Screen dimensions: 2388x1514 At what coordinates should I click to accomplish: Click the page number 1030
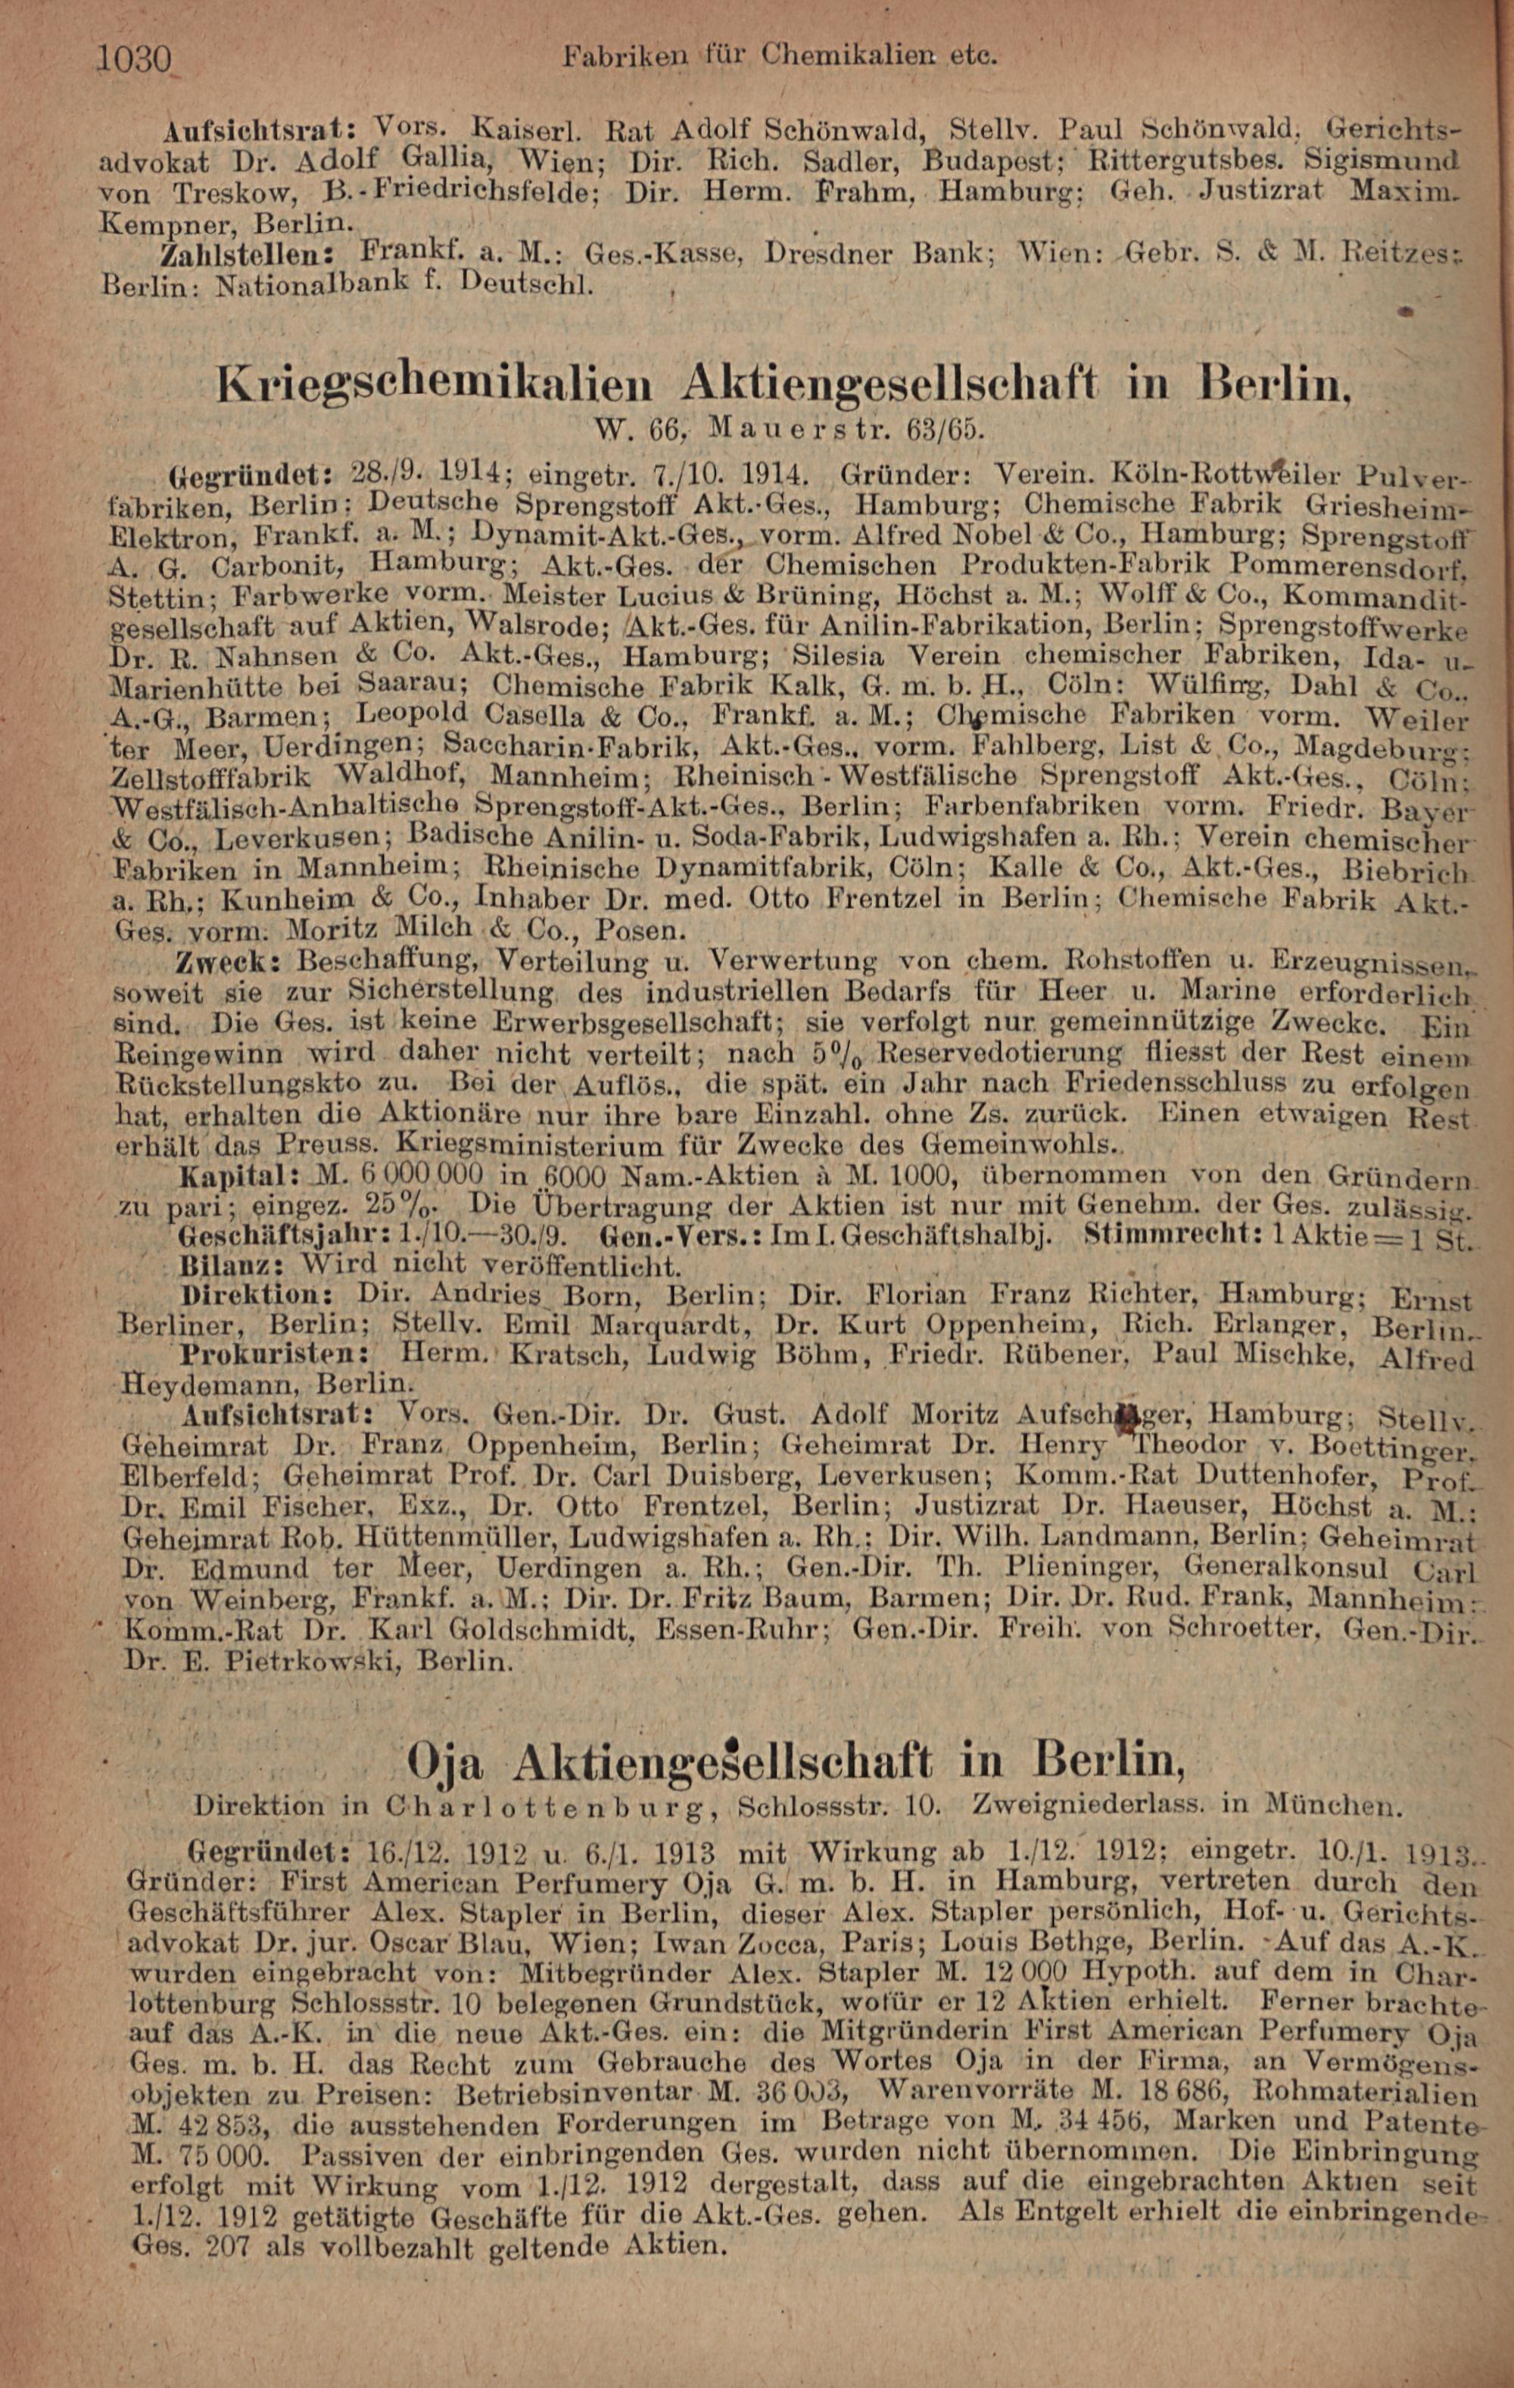click(x=135, y=61)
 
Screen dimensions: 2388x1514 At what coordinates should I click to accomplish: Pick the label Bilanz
click(x=235, y=1266)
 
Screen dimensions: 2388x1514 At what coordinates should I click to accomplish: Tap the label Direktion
click(x=259, y=1294)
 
